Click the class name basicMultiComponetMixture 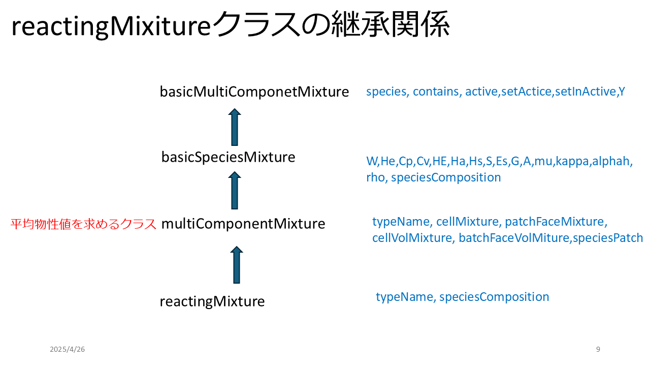[x=254, y=92]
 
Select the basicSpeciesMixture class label [x=228, y=157]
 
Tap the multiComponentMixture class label [x=243, y=224]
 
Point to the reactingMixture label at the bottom [x=212, y=301]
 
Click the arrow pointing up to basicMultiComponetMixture [x=235, y=127]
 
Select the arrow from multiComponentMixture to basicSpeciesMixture [x=235, y=190]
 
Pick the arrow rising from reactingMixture [x=237, y=265]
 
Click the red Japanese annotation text [x=83, y=224]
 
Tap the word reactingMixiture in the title [x=111, y=26]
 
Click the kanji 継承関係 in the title [x=391, y=24]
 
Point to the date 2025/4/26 [x=68, y=349]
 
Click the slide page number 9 [x=598, y=349]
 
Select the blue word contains [x=436, y=91]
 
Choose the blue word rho [x=375, y=177]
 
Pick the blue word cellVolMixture [x=412, y=238]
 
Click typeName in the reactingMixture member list [x=404, y=297]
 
